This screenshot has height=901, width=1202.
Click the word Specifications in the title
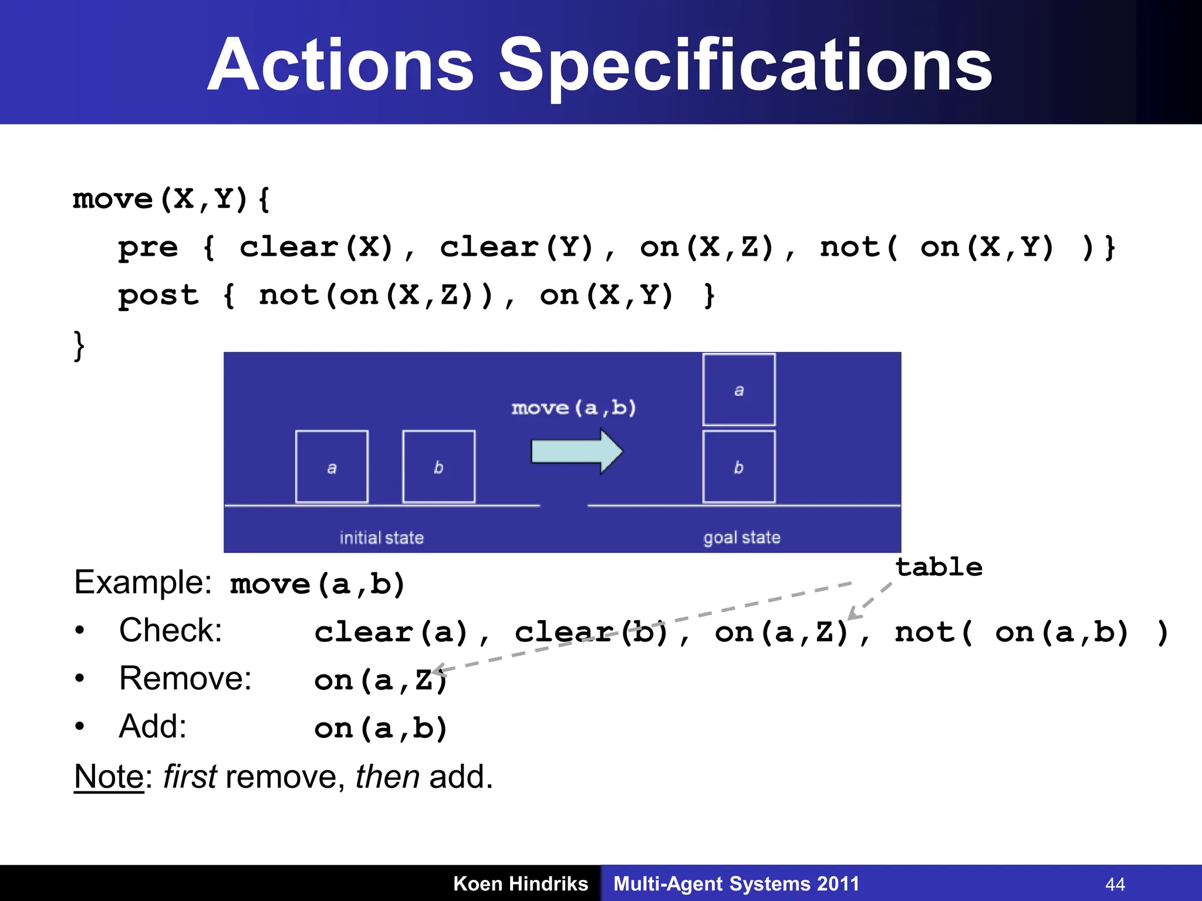pos(745,66)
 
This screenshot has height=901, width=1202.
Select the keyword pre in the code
pos(148,248)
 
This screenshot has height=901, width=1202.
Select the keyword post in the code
pos(158,296)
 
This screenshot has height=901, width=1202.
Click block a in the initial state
pos(332,467)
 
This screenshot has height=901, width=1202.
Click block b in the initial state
pos(438,467)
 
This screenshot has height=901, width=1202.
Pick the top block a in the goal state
pos(739,389)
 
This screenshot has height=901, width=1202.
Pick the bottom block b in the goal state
pos(739,467)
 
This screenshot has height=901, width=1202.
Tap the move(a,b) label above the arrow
pos(573,408)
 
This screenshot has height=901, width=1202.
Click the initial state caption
pos(381,538)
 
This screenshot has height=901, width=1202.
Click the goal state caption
pos(742,538)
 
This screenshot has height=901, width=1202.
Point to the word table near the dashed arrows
pos(938,567)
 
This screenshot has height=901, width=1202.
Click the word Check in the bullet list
pos(170,631)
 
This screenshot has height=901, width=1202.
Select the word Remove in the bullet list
pos(185,679)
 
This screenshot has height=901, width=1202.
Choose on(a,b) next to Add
pos(381,729)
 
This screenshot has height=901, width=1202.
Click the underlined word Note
pos(109,777)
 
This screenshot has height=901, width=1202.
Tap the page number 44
pos(1115,884)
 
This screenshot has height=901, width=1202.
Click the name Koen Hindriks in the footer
pos(521,883)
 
